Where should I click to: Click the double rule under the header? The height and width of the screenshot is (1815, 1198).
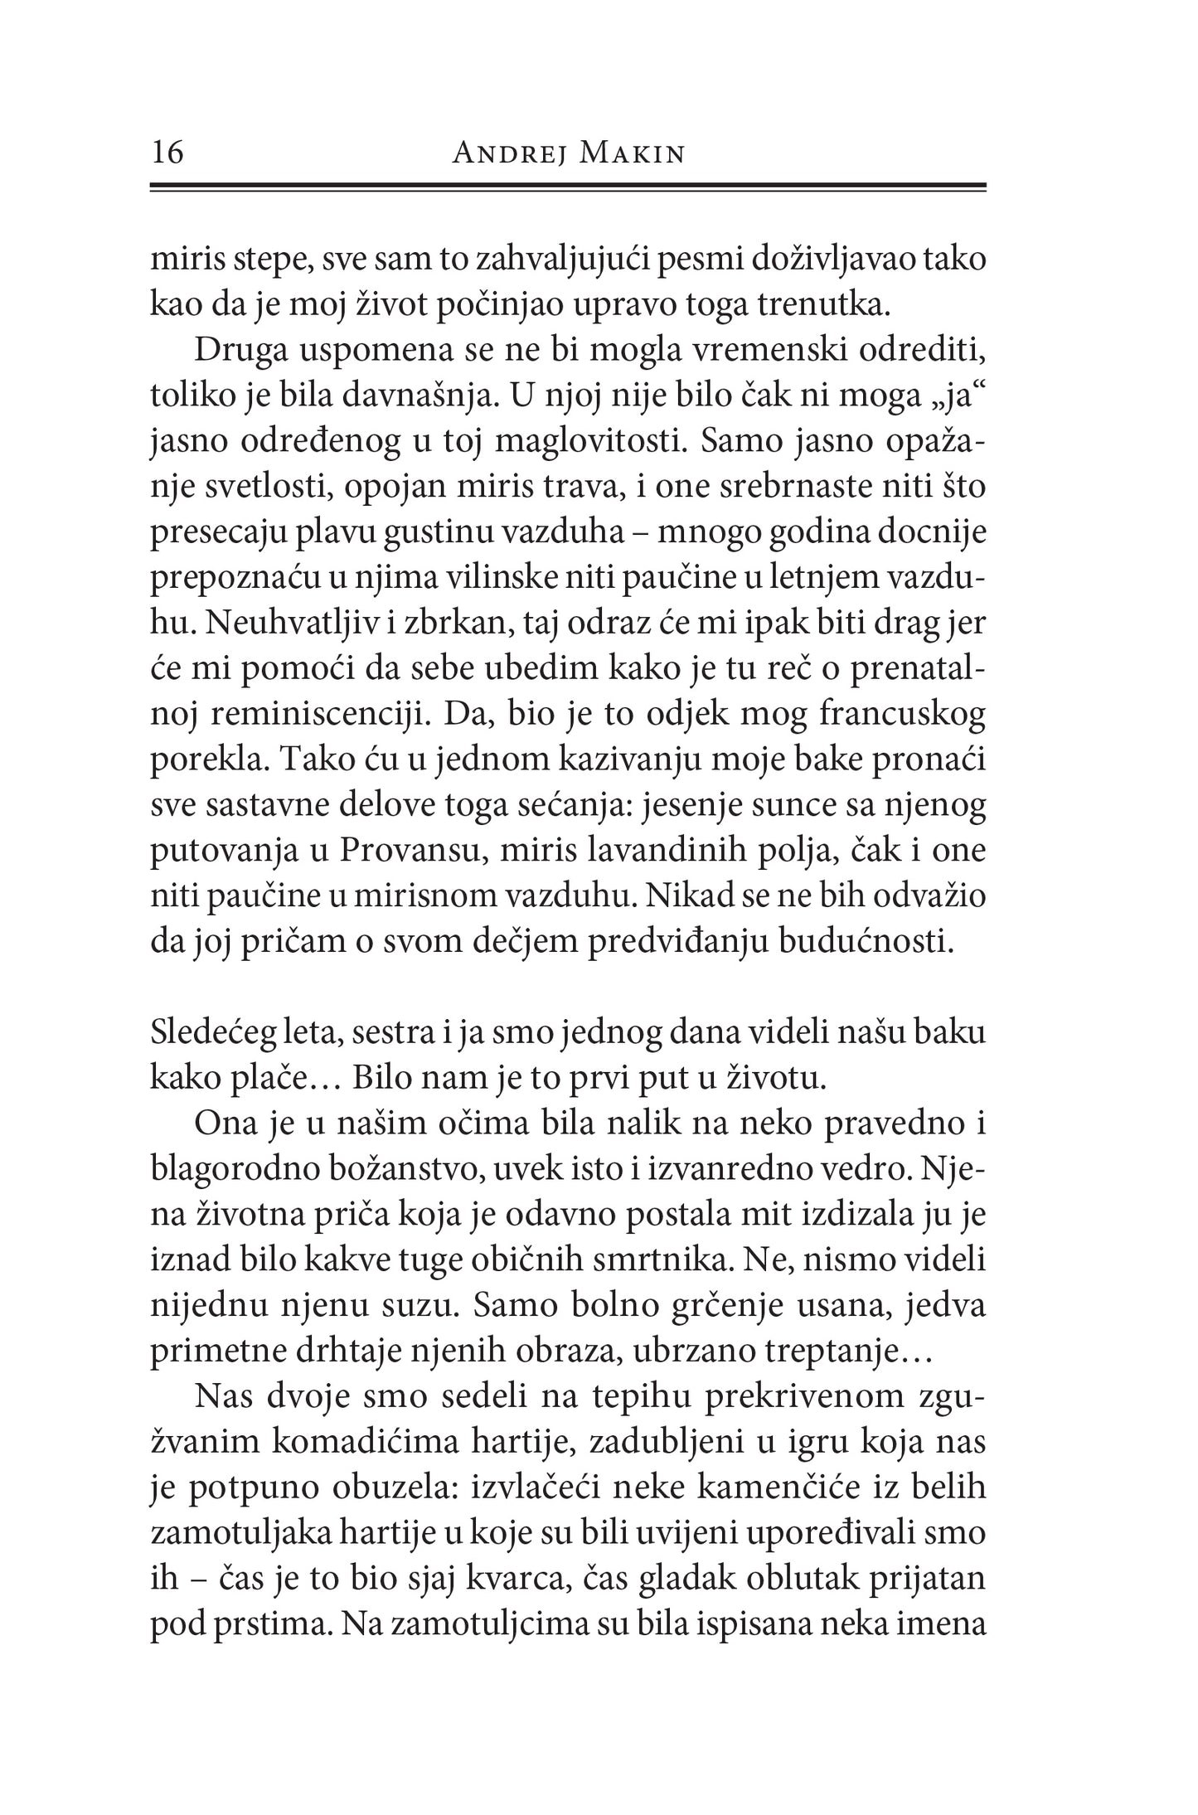(567, 188)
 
